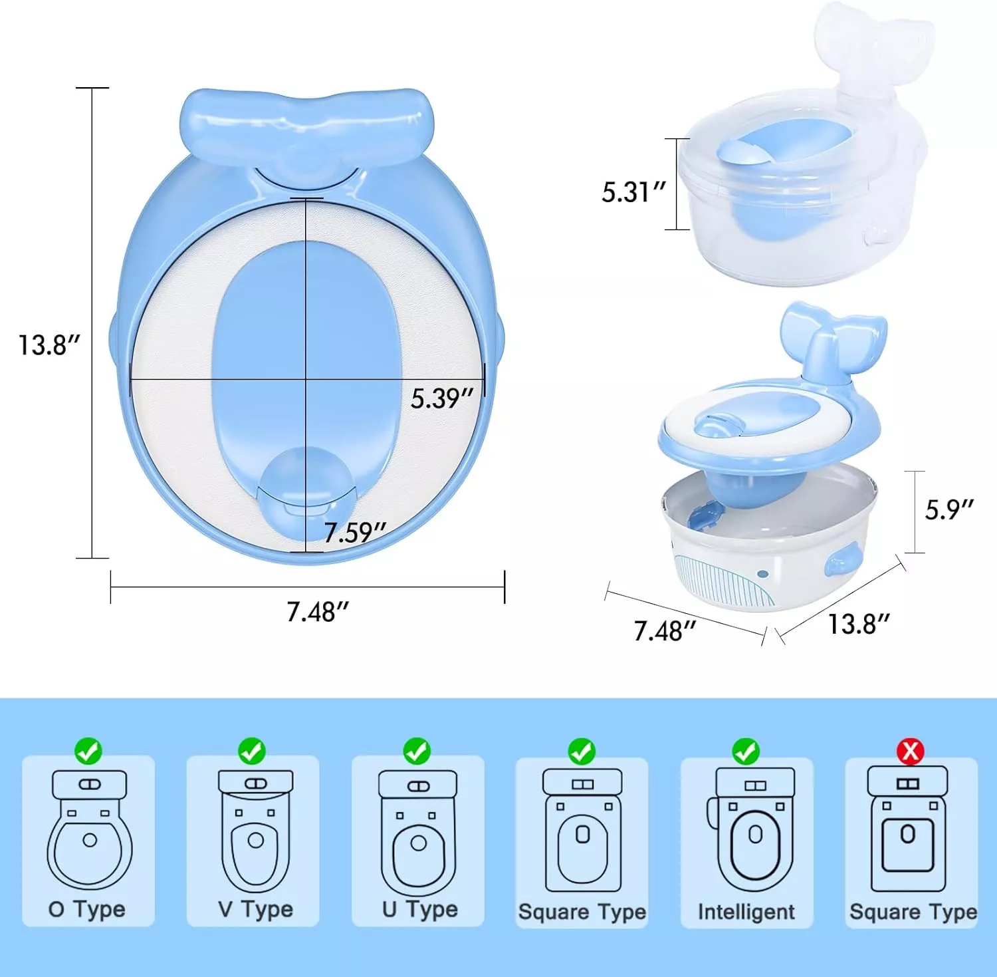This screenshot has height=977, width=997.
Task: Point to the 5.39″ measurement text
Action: click(441, 398)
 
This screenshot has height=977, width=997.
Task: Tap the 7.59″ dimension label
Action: click(355, 532)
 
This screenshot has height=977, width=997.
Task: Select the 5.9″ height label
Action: click(949, 509)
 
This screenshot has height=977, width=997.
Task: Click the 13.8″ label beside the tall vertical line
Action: click(49, 345)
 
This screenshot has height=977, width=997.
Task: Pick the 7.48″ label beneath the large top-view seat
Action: click(318, 612)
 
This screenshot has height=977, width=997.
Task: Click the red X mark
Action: click(910, 751)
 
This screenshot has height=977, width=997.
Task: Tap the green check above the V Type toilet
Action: click(252, 751)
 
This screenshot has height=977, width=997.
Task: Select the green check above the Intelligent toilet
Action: click(746, 751)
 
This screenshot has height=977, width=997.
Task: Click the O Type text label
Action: click(87, 909)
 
